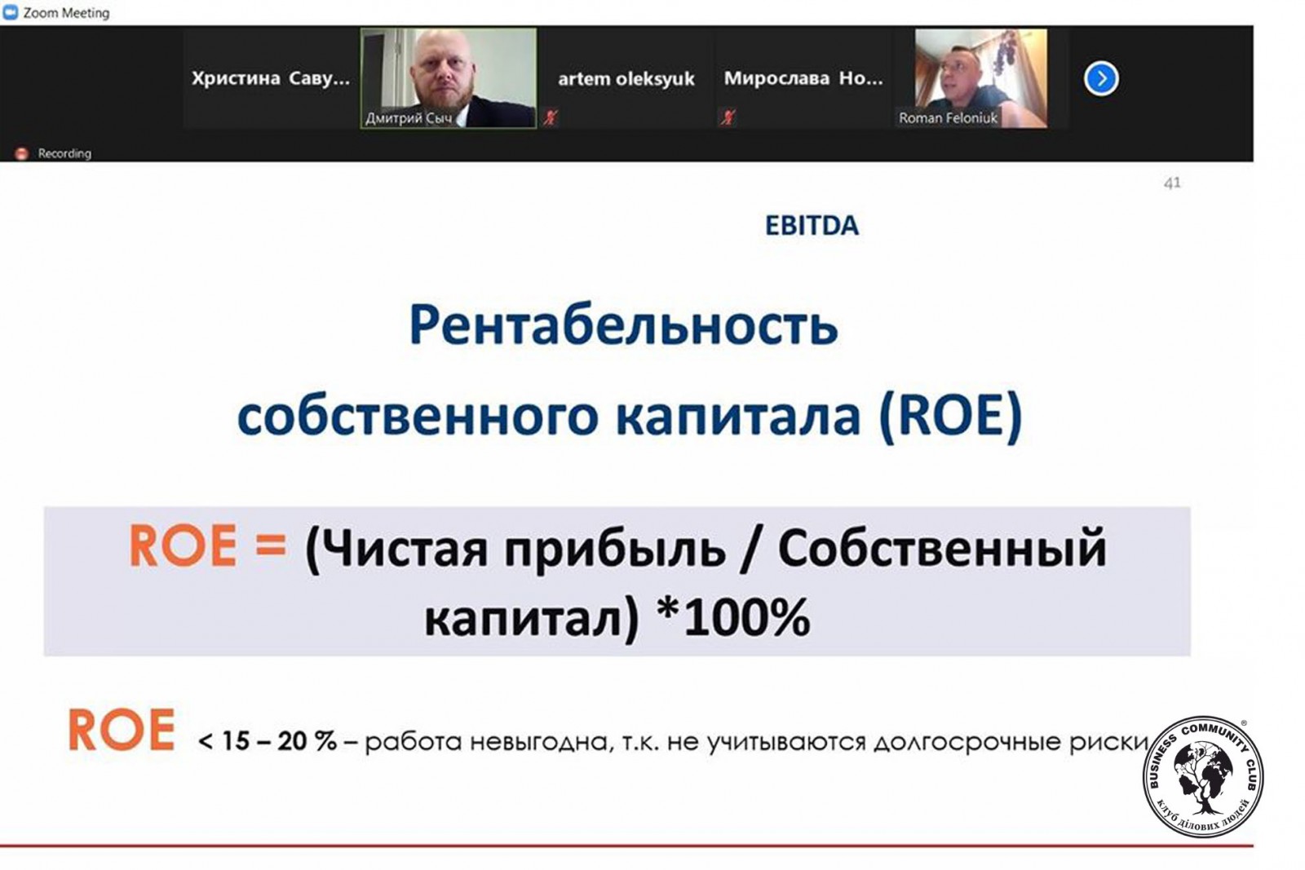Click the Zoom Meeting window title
[x=66, y=13]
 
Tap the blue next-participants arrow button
[x=1100, y=78]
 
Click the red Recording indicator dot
[x=21, y=154]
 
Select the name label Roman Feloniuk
[x=948, y=118]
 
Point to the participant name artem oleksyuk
[x=626, y=78]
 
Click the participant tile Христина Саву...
[x=271, y=78]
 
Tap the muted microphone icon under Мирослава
[x=727, y=117]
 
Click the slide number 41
[x=1172, y=183]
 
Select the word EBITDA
[x=812, y=226]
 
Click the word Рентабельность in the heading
[x=623, y=325]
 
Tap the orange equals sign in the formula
[x=271, y=545]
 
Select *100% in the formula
[x=733, y=617]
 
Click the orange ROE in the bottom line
[x=122, y=730]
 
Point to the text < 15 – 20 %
[x=268, y=741]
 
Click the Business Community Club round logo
[x=1203, y=776]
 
